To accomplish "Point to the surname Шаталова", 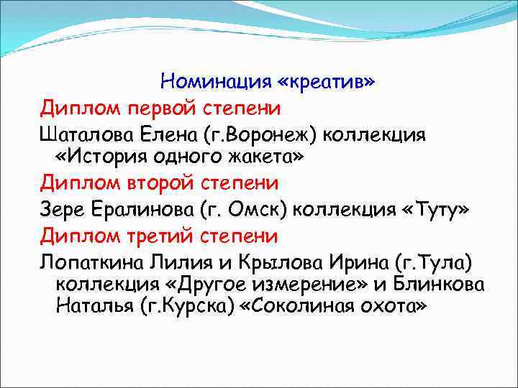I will (82, 134).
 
